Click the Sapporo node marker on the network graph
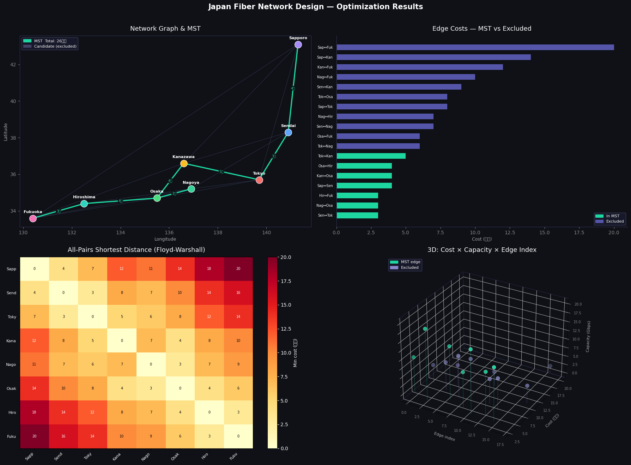point(298,45)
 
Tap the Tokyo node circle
point(259,180)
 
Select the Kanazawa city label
point(183,157)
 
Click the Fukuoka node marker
point(33,218)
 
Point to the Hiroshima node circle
point(84,204)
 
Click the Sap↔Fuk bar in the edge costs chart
point(475,47)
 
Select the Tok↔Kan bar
point(371,156)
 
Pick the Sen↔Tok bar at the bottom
point(357,215)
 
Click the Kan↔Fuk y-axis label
point(325,67)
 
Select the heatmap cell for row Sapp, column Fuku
point(238,269)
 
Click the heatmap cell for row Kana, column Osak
point(180,340)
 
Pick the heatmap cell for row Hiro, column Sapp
point(34,412)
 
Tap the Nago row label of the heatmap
point(11,364)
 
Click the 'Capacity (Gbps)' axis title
point(588,336)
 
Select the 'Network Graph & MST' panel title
point(165,29)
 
